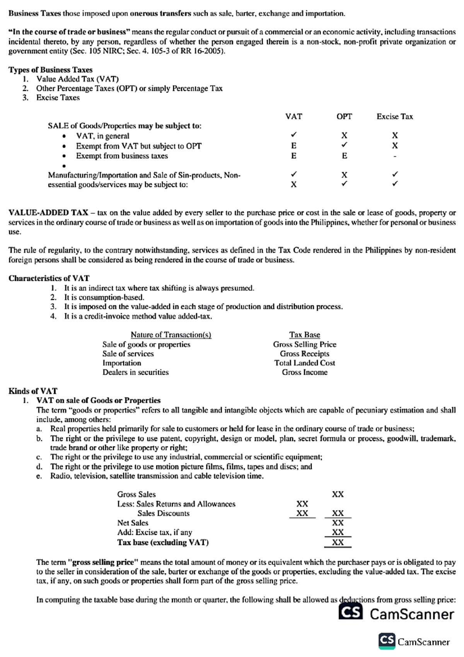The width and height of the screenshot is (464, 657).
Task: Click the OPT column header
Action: (x=344, y=116)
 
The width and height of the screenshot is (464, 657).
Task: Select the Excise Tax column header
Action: (x=394, y=116)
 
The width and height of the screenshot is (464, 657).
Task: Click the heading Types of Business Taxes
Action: (x=50, y=70)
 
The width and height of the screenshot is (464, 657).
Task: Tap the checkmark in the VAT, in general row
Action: (x=294, y=135)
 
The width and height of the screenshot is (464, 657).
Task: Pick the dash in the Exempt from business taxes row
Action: (x=394, y=156)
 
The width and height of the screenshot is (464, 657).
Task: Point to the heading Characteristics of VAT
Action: (x=49, y=278)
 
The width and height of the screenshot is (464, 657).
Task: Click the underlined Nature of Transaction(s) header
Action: (x=171, y=335)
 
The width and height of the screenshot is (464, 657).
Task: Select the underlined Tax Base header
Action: (x=305, y=335)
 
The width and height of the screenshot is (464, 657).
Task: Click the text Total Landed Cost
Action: (x=305, y=363)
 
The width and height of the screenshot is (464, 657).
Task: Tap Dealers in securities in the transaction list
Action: (x=135, y=372)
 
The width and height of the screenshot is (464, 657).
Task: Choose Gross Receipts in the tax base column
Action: (x=305, y=354)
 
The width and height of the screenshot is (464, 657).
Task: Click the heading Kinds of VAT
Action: (x=33, y=391)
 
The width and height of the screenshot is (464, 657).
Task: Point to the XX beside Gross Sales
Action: (x=338, y=494)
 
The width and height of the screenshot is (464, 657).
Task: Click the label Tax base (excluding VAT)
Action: (x=163, y=542)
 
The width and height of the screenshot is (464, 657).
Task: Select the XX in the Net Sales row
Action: (x=338, y=523)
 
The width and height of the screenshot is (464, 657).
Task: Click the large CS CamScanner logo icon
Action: (x=351, y=613)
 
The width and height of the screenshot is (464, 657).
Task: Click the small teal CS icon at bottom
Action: (x=387, y=641)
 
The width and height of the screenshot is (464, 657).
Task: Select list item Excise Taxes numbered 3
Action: (x=58, y=98)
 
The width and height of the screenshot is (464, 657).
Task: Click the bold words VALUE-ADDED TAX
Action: (x=48, y=213)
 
